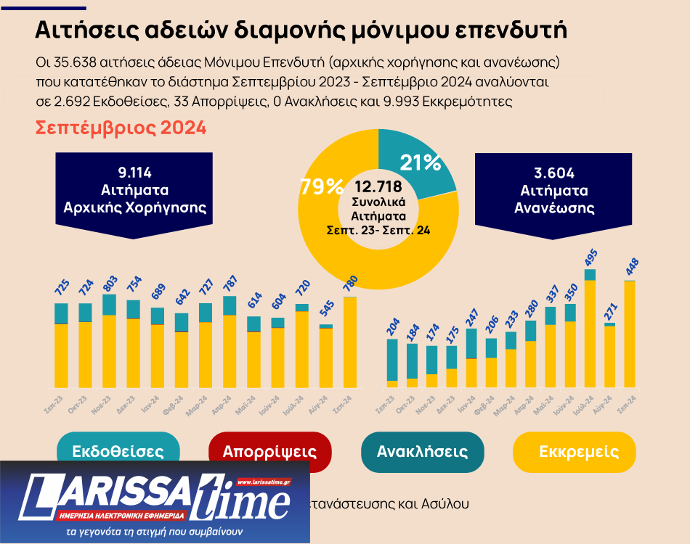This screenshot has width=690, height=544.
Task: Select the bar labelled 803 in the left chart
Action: (x=110, y=341)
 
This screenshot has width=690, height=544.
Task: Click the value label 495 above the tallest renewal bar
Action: (x=591, y=257)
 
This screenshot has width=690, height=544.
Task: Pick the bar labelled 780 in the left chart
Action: (x=350, y=341)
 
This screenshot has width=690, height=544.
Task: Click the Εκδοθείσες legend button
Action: (x=118, y=450)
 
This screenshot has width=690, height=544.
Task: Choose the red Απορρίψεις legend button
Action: (x=269, y=450)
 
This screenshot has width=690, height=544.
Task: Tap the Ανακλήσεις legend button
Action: (x=422, y=451)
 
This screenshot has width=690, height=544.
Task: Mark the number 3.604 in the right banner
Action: (x=554, y=173)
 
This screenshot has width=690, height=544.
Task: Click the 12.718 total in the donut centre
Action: (x=378, y=186)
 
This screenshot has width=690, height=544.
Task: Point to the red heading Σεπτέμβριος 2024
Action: (x=121, y=128)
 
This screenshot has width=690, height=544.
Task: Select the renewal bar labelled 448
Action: (x=630, y=334)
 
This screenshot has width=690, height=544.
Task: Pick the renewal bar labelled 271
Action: (x=609, y=355)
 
